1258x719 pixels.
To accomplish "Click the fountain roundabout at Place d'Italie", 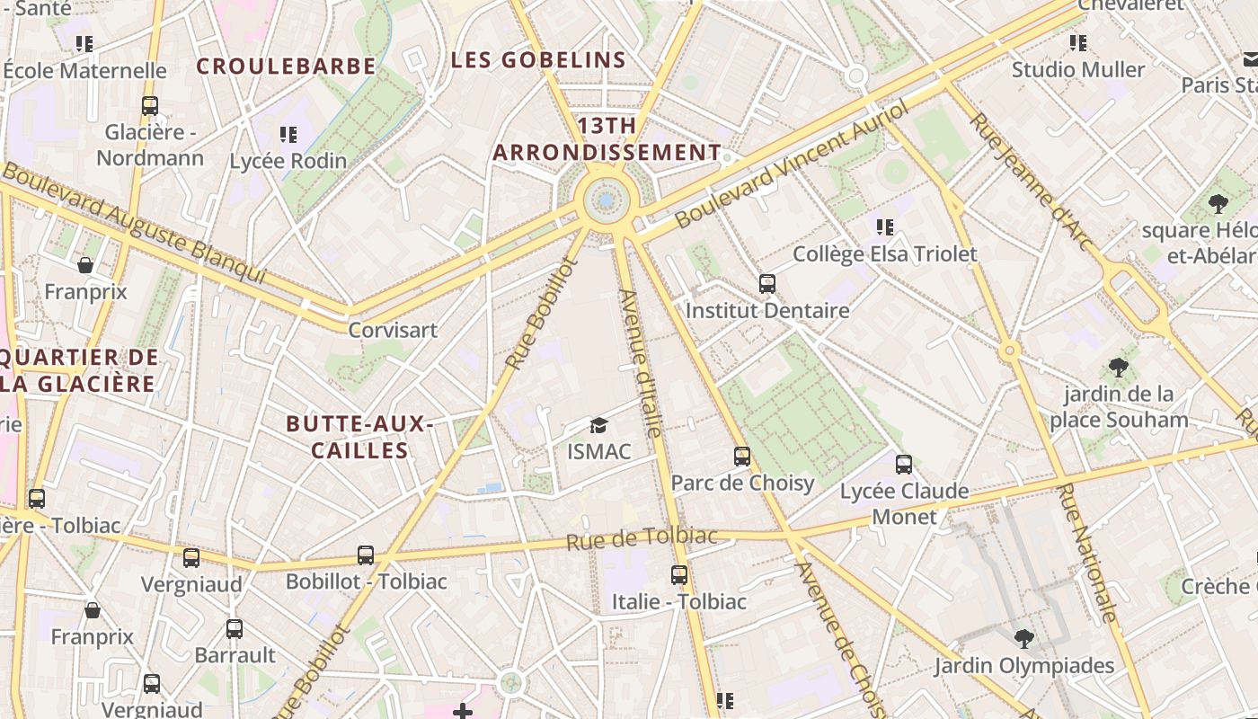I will (607, 200).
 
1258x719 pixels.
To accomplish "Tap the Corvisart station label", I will (393, 330).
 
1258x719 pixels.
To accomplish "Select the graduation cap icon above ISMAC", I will (598, 425).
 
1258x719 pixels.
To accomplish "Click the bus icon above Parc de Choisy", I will (742, 457).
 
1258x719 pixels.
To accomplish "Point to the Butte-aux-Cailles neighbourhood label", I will (359, 437).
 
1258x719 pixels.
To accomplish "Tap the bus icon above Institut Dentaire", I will (767, 284).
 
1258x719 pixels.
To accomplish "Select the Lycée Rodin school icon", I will (288, 135).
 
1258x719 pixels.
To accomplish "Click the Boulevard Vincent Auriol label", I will (791, 164).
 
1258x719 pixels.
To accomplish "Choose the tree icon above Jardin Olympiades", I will (1023, 639).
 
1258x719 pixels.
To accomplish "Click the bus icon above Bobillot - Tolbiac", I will (366, 555).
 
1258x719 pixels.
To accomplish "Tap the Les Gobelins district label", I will (537, 60).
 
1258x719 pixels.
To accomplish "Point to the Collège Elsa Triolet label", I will (884, 254).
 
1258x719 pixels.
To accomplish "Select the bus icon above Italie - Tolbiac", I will (679, 575).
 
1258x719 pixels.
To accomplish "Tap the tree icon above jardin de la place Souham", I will (1119, 368).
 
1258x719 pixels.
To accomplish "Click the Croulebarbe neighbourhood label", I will (286, 67).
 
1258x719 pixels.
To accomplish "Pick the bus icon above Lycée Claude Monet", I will (904, 465).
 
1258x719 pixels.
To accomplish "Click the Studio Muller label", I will (1078, 70).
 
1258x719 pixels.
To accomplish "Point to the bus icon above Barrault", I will (235, 629).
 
